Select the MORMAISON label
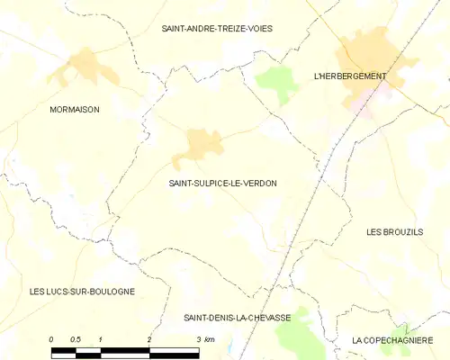(75, 109)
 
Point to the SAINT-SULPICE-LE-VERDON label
(222, 183)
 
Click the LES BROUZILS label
(394, 232)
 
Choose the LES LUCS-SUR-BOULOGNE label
(82, 292)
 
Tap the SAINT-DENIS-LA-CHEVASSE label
(238, 318)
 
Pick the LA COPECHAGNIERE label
(393, 340)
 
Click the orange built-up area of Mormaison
(85, 67)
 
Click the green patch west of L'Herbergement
(278, 82)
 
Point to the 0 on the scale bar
(51, 339)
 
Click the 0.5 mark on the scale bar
(76, 339)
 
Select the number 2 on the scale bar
(148, 339)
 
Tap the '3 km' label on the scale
(205, 339)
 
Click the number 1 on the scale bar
(100, 339)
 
